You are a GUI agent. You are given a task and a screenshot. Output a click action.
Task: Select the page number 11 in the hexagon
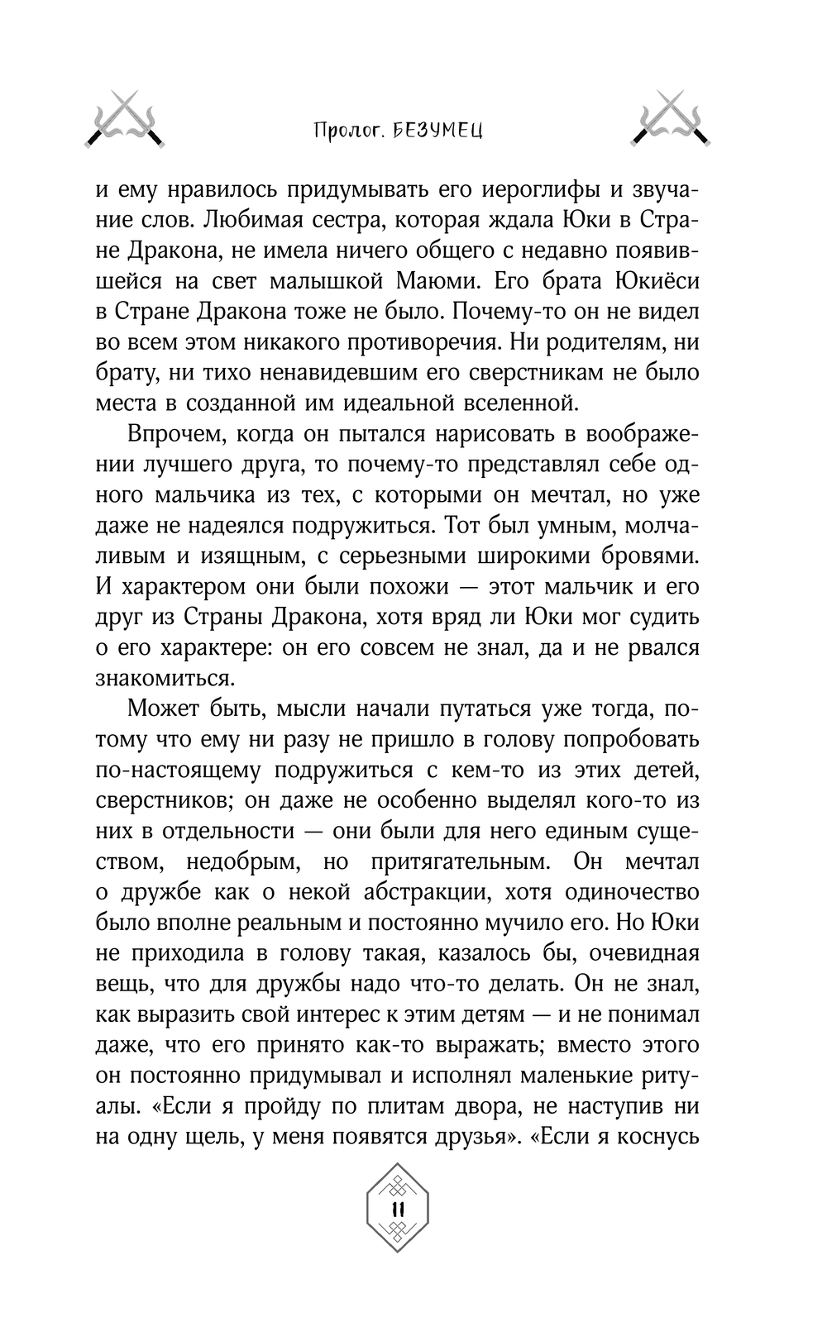396,1209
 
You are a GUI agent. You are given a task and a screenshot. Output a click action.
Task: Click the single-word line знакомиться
161,679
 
